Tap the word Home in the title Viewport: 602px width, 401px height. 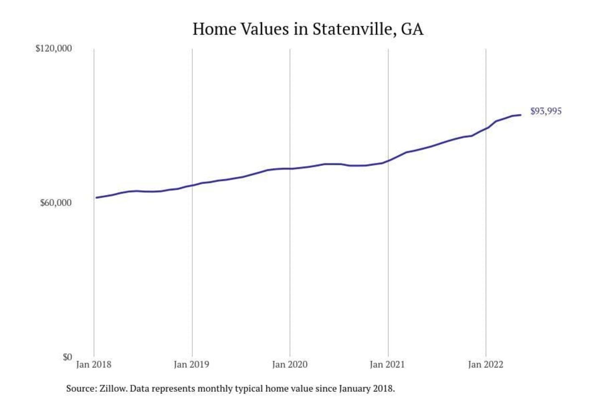pos(214,29)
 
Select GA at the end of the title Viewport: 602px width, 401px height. pos(412,29)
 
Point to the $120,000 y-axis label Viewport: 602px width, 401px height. pos(54,48)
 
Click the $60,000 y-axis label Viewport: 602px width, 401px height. pos(56,203)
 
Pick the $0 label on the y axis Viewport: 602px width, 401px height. pos(67,357)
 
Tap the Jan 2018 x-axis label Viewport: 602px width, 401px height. pos(94,365)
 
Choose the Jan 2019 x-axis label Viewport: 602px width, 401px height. pos(191,365)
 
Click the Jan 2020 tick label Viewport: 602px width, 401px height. pos(290,365)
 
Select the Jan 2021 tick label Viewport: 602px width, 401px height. pos(388,365)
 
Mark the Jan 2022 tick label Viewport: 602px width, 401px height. pos(485,365)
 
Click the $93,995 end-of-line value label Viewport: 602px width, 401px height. pos(546,111)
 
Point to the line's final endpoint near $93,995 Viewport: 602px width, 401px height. pos(520,115)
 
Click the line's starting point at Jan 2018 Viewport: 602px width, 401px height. pos(96,198)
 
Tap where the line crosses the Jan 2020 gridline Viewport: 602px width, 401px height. pos(290,169)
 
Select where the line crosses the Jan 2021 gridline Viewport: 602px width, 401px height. pos(388,161)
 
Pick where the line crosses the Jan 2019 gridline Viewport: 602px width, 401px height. pos(192,185)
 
